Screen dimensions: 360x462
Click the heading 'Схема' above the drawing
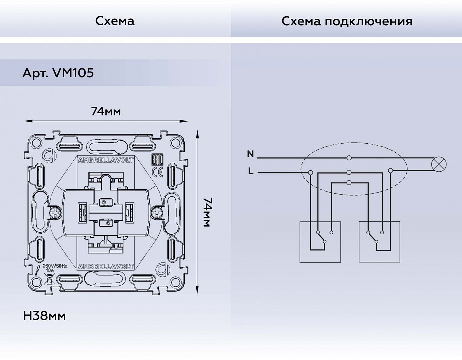pos(115,21)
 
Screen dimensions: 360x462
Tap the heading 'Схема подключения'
pos(347,21)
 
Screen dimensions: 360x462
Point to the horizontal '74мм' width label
pos(106,111)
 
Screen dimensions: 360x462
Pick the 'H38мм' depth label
pos(44,316)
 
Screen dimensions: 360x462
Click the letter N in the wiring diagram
pos(250,154)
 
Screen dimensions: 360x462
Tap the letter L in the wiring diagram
pos(250,172)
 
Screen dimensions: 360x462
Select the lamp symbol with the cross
pos(439,164)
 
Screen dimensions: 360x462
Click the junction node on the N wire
pos(349,158)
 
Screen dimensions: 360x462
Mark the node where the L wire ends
pos(311,173)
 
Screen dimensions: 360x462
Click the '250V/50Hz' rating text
pos(55,266)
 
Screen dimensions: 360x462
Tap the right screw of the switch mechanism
pos(157,213)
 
